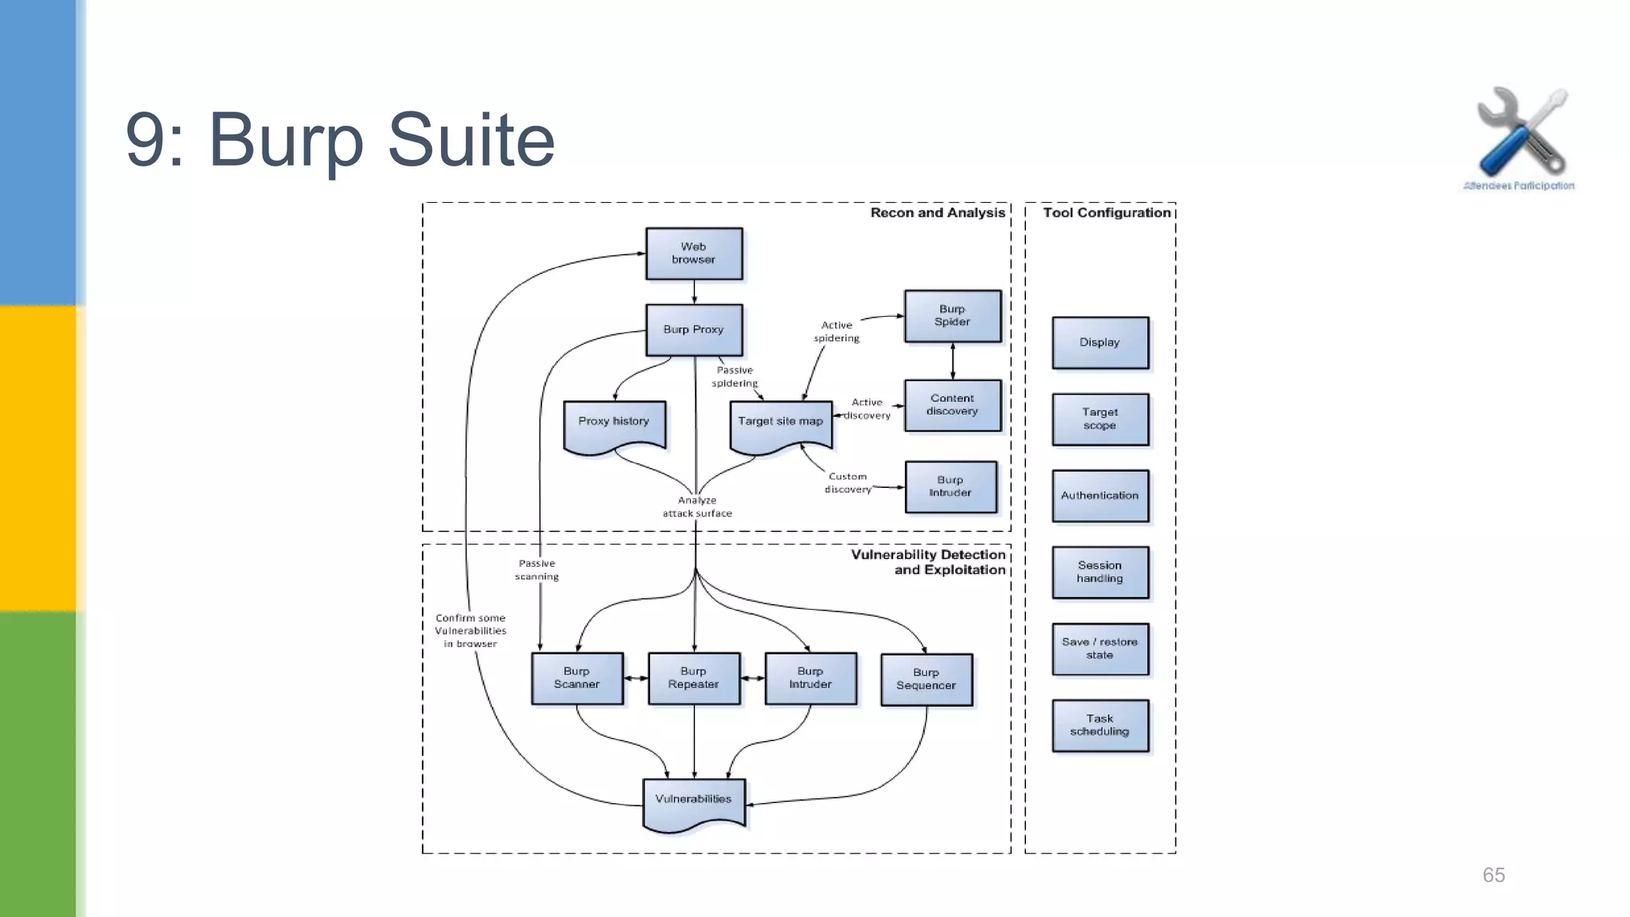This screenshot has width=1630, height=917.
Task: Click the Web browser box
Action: [x=694, y=253]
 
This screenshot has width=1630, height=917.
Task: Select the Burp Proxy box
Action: [x=694, y=330]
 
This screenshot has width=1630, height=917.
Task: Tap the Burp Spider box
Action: [x=953, y=316]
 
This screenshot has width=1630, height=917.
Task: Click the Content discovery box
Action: [x=953, y=405]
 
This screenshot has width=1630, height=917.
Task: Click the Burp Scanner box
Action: [x=577, y=678]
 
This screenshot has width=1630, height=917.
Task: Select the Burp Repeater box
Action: [x=694, y=678]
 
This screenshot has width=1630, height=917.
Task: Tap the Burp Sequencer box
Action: [x=926, y=679]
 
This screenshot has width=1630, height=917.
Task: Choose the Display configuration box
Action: [x=1100, y=342]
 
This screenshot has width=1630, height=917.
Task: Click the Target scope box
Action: [x=1100, y=419]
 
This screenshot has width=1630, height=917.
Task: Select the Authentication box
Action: [x=1100, y=495]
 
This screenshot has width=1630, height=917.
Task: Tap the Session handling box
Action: [x=1100, y=572]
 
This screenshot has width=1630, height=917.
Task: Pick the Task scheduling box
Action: [x=1100, y=725]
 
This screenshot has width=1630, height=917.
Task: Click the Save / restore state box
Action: [x=1100, y=649]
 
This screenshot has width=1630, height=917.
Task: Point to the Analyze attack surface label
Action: [x=697, y=507]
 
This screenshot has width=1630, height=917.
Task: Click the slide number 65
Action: [x=1493, y=875]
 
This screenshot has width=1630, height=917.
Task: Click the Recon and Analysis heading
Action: [x=937, y=213]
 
